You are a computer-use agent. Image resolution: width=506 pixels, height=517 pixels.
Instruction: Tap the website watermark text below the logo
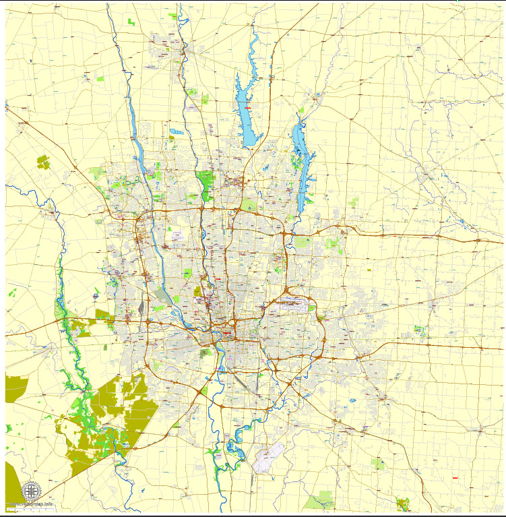tap(30, 505)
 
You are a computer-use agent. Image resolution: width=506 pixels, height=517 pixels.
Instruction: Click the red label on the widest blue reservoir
tap(249, 108)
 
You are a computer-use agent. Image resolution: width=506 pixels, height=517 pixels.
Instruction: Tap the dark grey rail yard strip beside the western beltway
tap(141, 307)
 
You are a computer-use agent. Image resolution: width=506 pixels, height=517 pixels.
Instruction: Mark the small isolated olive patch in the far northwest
tap(43, 161)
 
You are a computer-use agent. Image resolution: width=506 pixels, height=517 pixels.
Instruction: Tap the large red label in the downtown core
tap(227, 332)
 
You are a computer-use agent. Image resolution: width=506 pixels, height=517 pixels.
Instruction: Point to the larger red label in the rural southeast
tap(455, 478)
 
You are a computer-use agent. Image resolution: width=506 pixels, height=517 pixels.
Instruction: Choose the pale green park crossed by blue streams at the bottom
tap(319, 500)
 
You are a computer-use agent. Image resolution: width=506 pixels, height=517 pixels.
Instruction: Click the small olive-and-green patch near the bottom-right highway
tap(403, 503)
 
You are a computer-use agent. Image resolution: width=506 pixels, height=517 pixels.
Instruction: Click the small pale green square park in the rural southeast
tap(379, 464)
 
